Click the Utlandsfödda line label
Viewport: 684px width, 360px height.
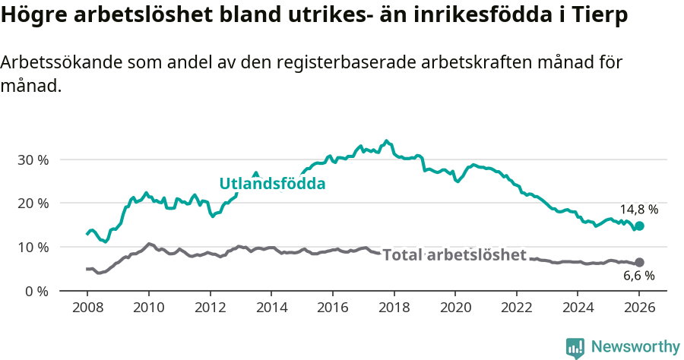click(272, 184)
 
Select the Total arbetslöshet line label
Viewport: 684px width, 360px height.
click(454, 255)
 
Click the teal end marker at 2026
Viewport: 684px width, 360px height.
click(639, 226)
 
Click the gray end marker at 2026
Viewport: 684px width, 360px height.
click(639, 262)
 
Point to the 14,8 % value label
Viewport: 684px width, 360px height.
click(638, 209)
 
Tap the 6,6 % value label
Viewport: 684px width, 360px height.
click(638, 276)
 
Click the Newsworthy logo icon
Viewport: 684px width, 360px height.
click(575, 347)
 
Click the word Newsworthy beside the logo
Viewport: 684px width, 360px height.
click(635, 347)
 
